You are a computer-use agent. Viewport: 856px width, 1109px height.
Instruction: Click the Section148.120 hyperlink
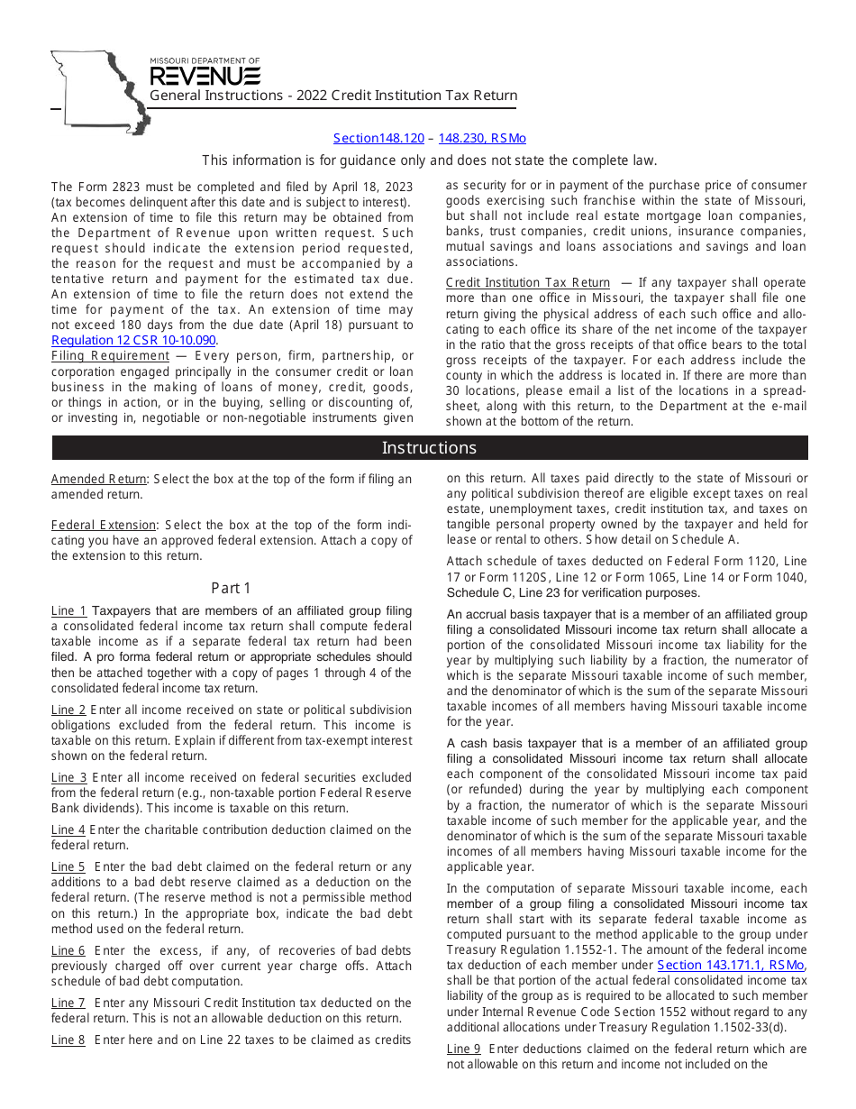pos(378,138)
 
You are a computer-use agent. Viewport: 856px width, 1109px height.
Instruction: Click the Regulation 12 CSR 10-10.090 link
pos(133,340)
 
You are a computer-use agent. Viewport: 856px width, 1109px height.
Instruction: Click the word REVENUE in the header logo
pos(205,76)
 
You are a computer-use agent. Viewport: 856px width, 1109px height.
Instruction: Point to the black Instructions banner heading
pos(429,448)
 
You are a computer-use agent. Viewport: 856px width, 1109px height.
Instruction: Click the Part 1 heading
pos(232,588)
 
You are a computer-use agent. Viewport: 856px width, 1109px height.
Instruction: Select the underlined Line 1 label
pos(68,611)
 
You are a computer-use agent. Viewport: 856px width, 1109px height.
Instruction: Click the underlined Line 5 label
pos(68,866)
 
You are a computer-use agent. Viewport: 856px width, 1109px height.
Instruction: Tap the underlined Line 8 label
pos(68,1040)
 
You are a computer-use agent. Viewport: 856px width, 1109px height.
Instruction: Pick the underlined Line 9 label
pos(464,1049)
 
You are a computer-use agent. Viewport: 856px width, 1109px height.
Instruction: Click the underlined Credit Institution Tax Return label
pos(528,282)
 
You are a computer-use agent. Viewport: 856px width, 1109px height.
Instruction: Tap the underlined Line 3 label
pos(68,777)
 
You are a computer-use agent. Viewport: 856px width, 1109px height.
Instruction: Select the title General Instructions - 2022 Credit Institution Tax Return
pos(333,96)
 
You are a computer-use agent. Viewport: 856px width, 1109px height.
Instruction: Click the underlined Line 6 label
pos(68,950)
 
